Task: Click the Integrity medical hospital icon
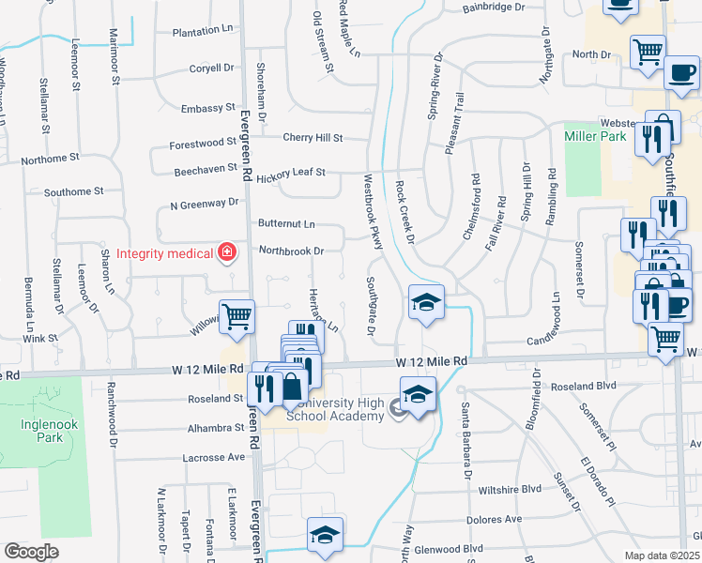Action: (226, 252)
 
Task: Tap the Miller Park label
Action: (595, 136)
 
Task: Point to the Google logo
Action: (31, 551)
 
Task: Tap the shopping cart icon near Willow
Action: (237, 317)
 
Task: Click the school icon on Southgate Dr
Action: (426, 303)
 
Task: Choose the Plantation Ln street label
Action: (202, 32)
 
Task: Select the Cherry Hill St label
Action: (313, 138)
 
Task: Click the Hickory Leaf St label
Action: (291, 173)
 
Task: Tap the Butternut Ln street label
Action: (286, 225)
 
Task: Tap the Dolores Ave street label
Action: (500, 519)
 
